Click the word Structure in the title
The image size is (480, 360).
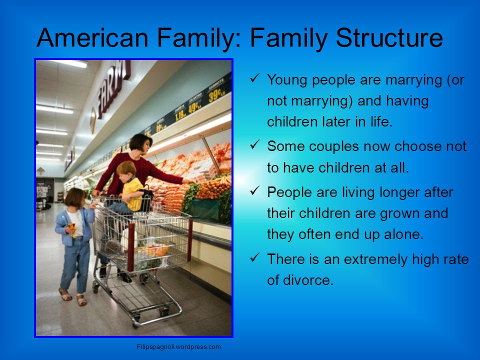pos(389,38)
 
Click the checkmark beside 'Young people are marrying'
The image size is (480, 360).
pos(254,78)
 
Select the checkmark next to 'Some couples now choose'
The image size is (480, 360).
pos(254,144)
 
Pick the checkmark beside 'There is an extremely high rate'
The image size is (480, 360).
pos(254,257)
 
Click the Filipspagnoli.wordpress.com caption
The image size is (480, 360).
pos(179,347)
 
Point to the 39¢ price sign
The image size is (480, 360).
pos(217,94)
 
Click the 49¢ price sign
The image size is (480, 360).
pos(193,107)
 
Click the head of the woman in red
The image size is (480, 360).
pos(140,144)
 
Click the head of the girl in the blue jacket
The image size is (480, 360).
pos(75,198)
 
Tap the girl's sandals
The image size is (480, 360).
pos(73,297)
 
